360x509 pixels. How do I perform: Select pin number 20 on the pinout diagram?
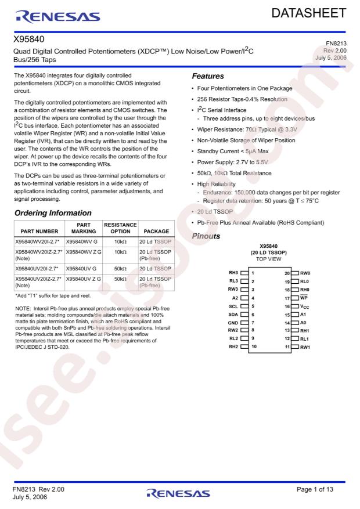(286, 272)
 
